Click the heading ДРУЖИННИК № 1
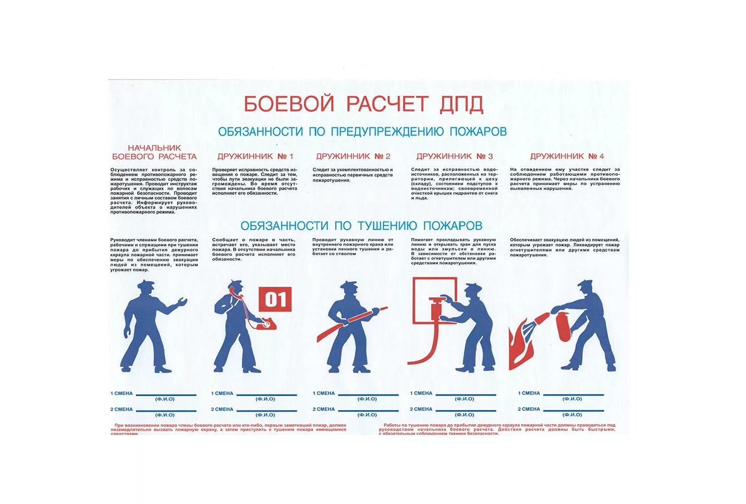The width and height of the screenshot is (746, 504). (255, 156)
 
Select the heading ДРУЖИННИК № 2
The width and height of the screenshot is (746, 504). (353, 156)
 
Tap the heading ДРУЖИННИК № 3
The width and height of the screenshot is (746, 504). (455, 156)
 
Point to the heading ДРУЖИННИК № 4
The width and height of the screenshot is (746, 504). (567, 156)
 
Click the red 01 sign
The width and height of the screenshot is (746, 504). (275, 300)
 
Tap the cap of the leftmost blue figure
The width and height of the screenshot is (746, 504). (147, 284)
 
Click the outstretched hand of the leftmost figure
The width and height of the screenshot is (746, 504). (181, 302)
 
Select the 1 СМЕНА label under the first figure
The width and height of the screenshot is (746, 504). (121, 393)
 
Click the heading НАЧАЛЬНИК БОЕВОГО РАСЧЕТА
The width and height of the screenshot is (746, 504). (154, 152)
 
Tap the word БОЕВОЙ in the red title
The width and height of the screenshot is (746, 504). (289, 104)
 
